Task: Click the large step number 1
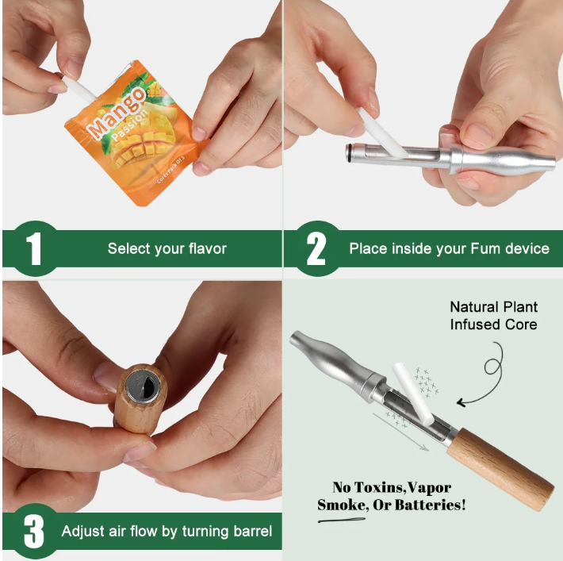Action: (34, 249)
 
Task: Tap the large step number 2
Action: (316, 249)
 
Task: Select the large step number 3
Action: (34, 532)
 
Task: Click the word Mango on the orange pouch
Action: (116, 114)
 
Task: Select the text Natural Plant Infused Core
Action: (493, 315)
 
